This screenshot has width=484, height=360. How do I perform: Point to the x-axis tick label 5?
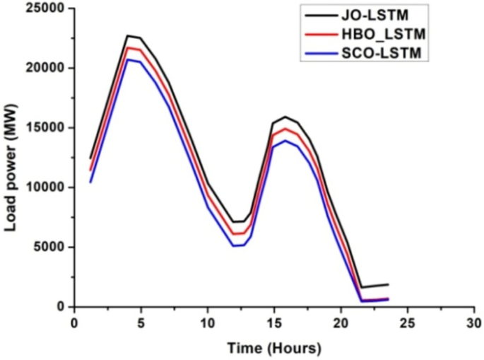click(141, 323)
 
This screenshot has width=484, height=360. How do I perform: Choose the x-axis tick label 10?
click(208, 323)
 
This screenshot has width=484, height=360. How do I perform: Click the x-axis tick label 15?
click(274, 323)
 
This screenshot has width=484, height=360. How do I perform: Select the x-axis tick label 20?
click(341, 323)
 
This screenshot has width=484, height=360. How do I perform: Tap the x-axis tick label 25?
click(408, 323)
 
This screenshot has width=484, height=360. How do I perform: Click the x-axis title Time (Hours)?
click(273, 348)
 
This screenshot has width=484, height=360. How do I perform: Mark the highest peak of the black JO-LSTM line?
click(128, 35)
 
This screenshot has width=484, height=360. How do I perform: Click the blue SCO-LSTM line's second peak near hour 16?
click(285, 140)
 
